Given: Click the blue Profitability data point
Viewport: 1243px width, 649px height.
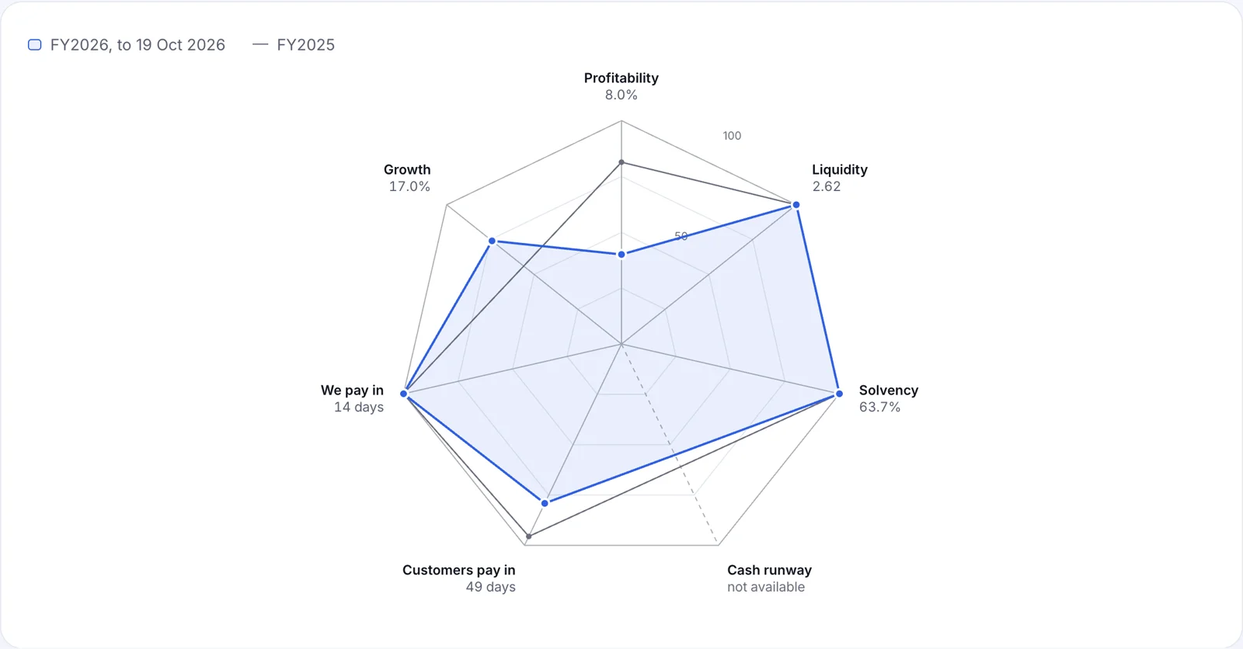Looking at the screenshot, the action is pos(621,255).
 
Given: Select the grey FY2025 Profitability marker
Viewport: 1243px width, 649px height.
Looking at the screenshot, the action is pos(621,162).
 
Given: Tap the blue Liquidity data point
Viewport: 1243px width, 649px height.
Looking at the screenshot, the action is pos(796,205).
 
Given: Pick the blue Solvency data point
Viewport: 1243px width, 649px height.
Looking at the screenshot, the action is pos(839,394).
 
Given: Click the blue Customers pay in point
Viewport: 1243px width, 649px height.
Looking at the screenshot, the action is pos(545,503).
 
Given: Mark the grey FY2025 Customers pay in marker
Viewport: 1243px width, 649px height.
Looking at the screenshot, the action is pos(529,536).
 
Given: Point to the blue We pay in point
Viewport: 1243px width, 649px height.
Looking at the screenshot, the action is pos(404,394).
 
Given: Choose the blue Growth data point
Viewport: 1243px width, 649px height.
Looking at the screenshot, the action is pos(493,241).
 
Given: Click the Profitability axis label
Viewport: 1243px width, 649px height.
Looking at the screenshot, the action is pos(621,78).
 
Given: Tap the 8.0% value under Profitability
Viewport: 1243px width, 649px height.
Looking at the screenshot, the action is pos(621,95).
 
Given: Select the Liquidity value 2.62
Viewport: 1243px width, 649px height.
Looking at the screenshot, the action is pos(827,186).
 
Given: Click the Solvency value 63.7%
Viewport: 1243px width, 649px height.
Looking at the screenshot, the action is pos(879,407).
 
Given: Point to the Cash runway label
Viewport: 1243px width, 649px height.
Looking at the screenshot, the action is pos(769,571).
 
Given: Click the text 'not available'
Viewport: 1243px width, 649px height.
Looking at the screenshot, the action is pos(766,587).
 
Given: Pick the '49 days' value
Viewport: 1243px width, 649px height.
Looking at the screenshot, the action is pos(490,587).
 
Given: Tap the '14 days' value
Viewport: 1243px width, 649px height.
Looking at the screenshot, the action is pos(358,407).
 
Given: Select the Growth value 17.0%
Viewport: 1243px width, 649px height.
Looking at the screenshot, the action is pos(409,186).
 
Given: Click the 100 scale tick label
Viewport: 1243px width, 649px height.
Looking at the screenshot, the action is pos(732,136).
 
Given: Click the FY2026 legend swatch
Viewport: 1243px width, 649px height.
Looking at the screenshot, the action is pos(34,45).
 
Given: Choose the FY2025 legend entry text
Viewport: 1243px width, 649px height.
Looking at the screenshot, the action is pos(306,45).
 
